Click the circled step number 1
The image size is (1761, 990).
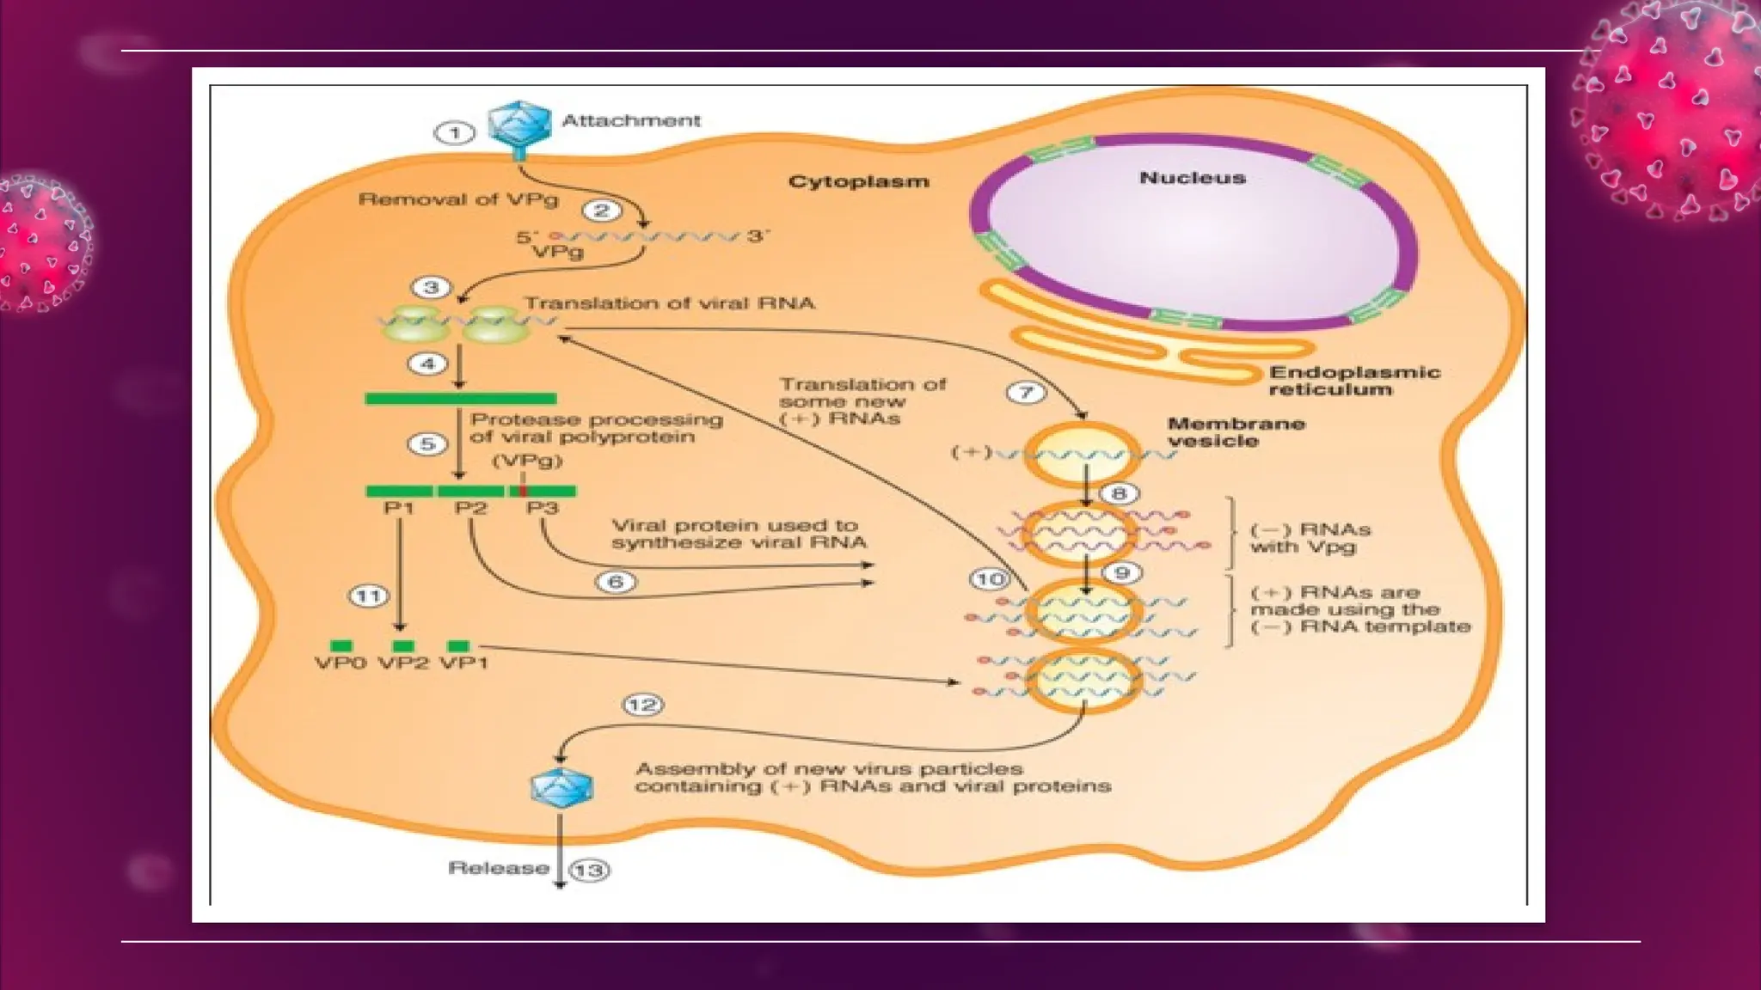click(x=454, y=133)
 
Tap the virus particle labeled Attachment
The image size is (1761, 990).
click(x=519, y=125)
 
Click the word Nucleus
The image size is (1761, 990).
click(x=1192, y=178)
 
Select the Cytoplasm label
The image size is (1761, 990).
click(x=858, y=181)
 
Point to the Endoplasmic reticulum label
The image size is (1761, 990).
click(x=1353, y=381)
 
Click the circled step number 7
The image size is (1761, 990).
click(x=1025, y=393)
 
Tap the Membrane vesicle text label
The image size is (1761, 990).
click(x=1236, y=432)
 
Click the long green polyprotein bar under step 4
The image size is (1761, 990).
click(x=460, y=399)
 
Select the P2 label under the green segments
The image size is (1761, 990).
click(x=470, y=508)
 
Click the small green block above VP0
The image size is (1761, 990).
click(x=341, y=645)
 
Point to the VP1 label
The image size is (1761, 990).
click(x=464, y=663)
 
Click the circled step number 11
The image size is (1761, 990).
click(x=368, y=596)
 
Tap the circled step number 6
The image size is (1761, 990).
click(x=616, y=582)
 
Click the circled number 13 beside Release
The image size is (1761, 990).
click(x=589, y=870)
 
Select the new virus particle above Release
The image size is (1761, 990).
click(x=561, y=786)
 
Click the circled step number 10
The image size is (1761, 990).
click(x=989, y=579)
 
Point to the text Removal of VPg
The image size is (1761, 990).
click(x=457, y=199)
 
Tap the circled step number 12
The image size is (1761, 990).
click(x=642, y=706)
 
